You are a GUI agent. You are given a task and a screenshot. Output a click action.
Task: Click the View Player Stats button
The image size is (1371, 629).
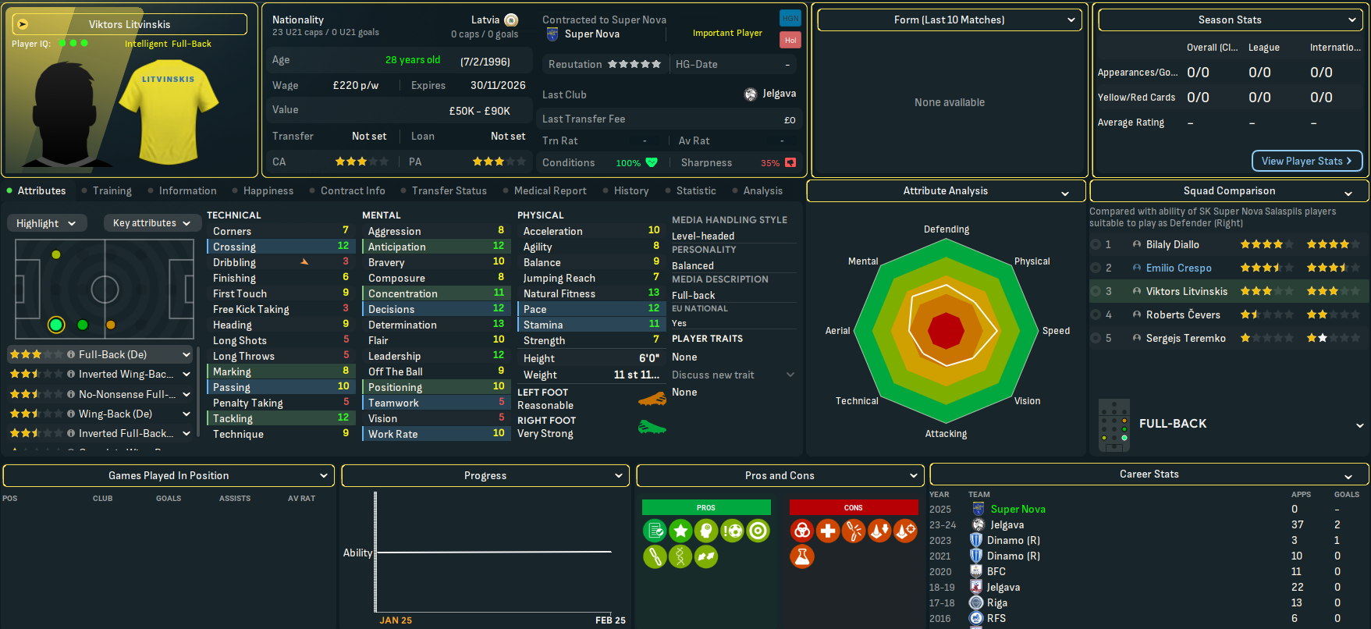(x=1306, y=161)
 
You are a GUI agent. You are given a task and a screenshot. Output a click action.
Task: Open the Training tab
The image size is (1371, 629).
(x=112, y=190)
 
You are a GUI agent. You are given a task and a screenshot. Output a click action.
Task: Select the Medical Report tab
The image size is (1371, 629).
(x=549, y=190)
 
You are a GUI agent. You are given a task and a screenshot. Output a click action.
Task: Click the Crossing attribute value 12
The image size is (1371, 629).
(x=343, y=246)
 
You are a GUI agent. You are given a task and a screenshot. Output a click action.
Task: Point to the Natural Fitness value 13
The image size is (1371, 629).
(x=654, y=293)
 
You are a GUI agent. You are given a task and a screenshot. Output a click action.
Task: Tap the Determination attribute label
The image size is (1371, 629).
(x=402, y=325)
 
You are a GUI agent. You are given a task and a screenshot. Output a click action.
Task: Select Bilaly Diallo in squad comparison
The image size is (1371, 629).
(x=1172, y=244)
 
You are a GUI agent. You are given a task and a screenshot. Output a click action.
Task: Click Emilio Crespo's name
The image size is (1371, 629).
(x=1178, y=268)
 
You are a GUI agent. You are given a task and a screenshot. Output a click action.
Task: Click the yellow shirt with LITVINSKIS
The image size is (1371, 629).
(x=179, y=114)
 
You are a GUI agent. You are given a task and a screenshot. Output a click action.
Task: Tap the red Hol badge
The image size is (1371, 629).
(x=790, y=40)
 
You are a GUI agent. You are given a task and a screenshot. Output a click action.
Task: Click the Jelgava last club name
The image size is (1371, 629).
(x=779, y=94)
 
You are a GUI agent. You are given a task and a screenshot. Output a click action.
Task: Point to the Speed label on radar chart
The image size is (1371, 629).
(x=1056, y=331)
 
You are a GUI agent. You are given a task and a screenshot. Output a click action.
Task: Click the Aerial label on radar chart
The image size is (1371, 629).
(x=837, y=331)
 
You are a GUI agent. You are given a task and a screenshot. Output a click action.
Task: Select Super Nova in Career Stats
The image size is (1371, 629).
(x=1018, y=509)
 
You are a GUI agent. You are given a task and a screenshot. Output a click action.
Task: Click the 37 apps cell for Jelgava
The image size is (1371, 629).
(x=1297, y=524)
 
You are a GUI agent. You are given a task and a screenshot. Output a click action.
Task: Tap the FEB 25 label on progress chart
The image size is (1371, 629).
(x=610, y=620)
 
